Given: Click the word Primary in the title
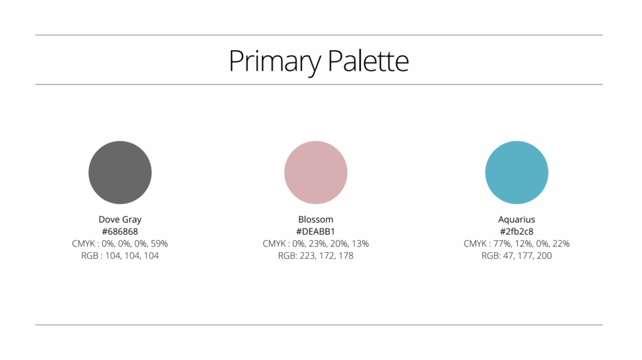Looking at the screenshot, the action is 275,61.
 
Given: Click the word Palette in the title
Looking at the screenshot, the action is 368,61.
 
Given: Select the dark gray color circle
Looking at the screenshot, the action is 120,172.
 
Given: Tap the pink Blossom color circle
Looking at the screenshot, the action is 316,172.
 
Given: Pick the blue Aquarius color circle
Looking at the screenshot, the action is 517,172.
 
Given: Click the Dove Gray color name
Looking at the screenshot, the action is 120,220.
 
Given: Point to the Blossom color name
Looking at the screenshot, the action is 316,219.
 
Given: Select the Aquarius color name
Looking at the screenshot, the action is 517,220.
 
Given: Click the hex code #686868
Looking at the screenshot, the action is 120,231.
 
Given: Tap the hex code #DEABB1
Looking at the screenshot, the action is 316,231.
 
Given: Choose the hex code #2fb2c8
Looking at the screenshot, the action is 517,231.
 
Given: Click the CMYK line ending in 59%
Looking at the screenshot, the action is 120,244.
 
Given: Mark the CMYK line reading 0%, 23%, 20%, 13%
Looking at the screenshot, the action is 316,244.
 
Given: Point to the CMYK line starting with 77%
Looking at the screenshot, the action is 517,244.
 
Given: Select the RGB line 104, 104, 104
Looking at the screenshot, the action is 120,255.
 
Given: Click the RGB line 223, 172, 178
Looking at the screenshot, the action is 316,255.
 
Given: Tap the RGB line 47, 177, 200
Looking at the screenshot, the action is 517,255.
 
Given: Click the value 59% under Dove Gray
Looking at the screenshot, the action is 159,244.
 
